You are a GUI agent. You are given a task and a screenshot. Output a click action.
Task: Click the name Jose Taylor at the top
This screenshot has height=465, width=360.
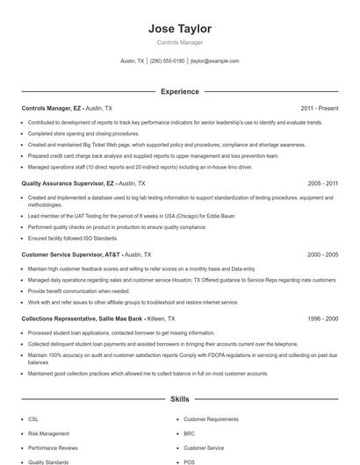coord(180,29)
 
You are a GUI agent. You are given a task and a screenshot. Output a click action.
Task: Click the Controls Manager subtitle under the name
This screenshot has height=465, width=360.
coord(180,42)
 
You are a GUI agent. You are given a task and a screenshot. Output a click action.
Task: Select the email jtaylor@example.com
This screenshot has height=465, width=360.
coord(215,61)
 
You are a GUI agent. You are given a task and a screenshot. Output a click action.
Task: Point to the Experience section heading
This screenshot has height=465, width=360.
coord(180,91)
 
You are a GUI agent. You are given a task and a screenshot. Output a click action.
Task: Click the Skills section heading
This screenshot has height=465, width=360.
coord(180,399)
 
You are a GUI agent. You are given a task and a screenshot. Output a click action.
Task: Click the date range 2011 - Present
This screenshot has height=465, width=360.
coord(319,108)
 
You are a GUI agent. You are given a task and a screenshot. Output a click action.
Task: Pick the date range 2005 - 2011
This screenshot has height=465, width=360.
coord(322,183)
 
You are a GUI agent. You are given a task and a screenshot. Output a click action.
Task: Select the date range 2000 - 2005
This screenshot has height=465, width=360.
coord(322,254)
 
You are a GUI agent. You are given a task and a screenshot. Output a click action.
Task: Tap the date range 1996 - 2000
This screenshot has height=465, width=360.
coord(322,319)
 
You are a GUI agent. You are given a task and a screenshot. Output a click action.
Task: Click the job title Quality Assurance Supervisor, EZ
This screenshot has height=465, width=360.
coord(68,183)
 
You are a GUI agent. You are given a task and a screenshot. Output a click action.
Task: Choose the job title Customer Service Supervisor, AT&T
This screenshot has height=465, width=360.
coord(71,254)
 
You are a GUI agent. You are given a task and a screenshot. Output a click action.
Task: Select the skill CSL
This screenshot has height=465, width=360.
coord(33,419)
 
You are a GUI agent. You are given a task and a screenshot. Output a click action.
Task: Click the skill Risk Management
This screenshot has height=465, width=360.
coord(48,433)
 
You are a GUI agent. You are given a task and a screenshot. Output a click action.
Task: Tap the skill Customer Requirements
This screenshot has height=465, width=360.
coord(211,419)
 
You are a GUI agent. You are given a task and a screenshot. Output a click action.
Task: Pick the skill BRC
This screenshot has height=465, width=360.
coord(189,433)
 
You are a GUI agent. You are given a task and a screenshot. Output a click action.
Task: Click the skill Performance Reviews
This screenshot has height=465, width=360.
coord(53,447)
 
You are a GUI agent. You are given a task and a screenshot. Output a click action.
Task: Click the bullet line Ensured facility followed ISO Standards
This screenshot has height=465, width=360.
coord(72,237)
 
